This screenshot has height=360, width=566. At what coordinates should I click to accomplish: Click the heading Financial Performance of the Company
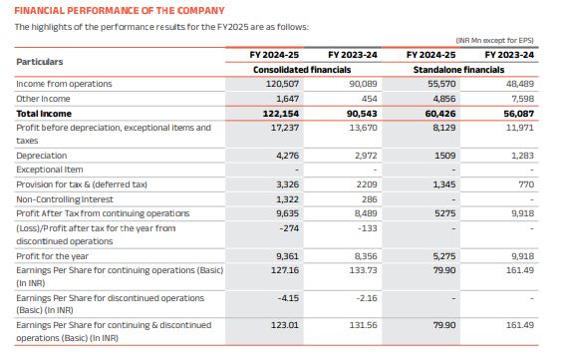click(x=112, y=10)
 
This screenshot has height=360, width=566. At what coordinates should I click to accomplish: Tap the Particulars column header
click(x=40, y=62)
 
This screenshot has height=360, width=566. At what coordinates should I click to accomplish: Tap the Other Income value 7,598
click(x=521, y=100)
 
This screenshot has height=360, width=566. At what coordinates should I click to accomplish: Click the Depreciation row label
click(x=41, y=157)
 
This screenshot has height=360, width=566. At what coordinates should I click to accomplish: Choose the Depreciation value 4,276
click(x=287, y=157)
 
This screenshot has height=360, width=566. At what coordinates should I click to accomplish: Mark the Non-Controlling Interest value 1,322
click(x=287, y=198)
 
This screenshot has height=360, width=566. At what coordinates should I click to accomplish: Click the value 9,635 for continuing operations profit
click(x=287, y=212)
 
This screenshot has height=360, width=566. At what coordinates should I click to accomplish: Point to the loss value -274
click(x=289, y=227)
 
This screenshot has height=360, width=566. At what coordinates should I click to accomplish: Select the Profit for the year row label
click(x=52, y=255)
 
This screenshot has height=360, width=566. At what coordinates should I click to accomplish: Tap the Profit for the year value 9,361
click(x=287, y=255)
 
